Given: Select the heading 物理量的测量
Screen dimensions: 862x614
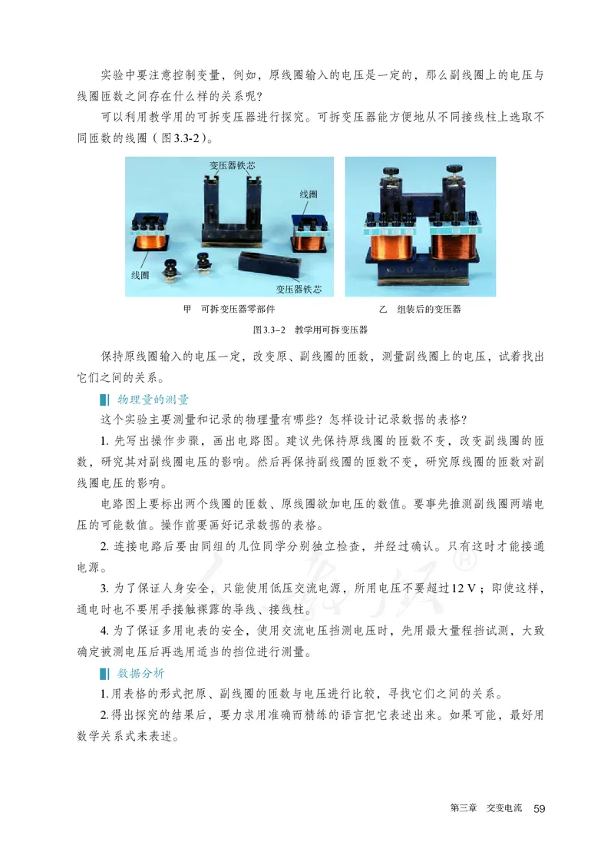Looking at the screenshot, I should point(153,400).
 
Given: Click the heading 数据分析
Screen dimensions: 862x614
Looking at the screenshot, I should point(142,673).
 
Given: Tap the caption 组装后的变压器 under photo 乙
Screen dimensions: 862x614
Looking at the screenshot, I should point(429,309).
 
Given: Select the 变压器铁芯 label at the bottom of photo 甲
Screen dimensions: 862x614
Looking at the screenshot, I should point(299,289).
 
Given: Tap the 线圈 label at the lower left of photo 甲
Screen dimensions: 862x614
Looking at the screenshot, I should point(140,274).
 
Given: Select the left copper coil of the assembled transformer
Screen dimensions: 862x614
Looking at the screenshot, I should point(391,251).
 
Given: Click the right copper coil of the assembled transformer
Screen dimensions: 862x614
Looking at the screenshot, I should point(455,251).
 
